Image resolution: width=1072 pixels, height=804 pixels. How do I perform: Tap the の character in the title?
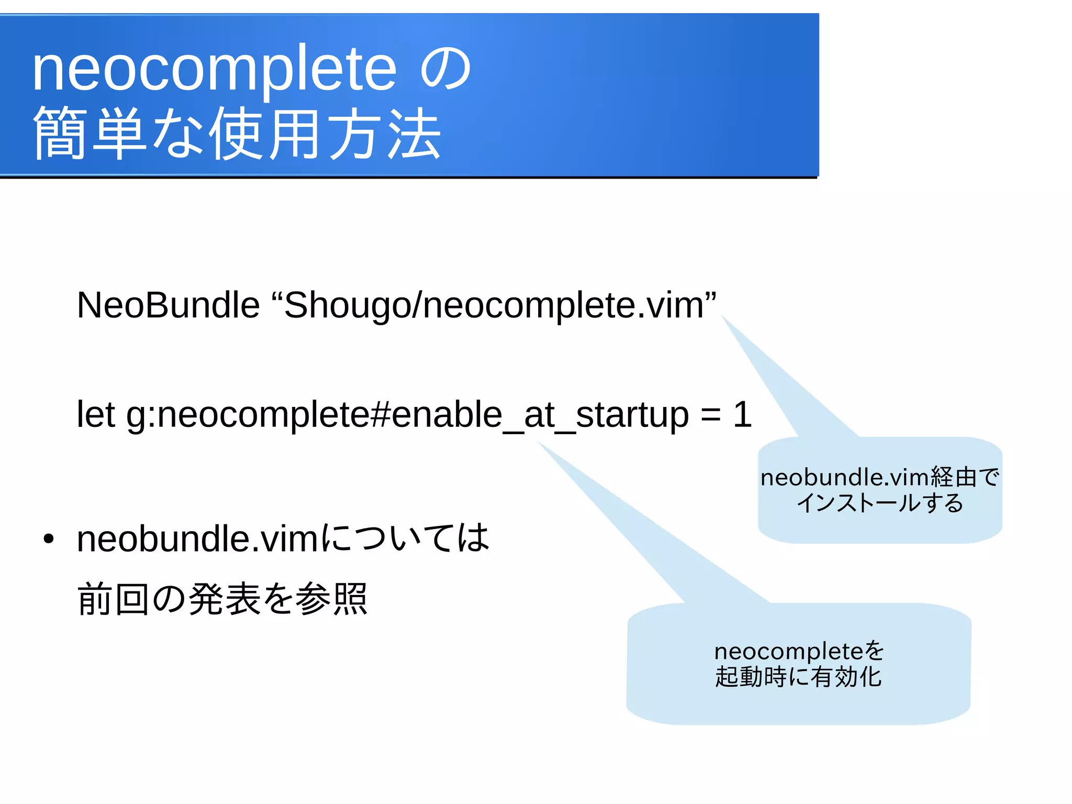point(446,69)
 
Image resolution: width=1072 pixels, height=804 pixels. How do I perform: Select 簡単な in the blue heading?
point(118,134)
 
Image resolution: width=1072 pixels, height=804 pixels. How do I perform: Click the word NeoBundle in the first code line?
point(168,305)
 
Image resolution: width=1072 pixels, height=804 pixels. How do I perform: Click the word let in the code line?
point(95,414)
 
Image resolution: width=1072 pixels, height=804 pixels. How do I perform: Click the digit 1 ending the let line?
point(742,414)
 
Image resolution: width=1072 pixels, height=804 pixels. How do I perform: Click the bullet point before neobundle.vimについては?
point(49,539)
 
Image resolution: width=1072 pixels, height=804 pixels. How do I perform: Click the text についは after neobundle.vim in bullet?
point(405,538)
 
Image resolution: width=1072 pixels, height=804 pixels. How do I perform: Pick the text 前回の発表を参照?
point(222,599)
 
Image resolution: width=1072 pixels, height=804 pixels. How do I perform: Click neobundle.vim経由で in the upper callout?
point(880,478)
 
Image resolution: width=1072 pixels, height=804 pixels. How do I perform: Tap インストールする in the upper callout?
point(880,503)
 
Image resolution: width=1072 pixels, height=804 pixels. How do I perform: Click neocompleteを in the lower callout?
point(799,651)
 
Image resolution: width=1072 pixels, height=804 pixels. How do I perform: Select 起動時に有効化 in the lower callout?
point(798,677)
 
